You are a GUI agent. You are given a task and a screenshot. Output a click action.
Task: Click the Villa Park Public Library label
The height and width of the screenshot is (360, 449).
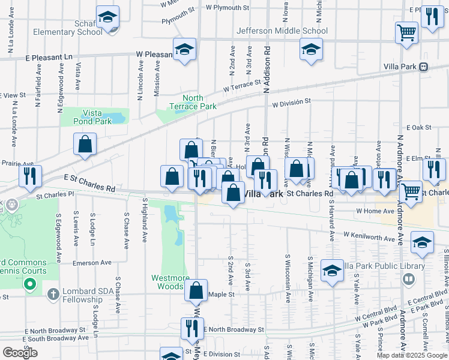383,266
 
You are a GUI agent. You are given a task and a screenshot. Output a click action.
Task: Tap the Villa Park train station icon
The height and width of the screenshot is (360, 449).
424,67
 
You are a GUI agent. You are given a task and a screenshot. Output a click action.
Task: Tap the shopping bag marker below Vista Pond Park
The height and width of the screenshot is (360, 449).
85,144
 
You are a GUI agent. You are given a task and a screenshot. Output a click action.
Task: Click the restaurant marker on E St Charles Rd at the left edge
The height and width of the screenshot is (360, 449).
30,176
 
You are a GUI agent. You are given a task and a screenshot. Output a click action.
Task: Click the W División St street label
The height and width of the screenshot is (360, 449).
291,103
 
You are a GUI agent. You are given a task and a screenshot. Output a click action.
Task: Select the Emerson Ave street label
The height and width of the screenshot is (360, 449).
92,263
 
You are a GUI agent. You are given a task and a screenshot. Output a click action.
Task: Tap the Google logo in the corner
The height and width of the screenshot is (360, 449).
20,353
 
